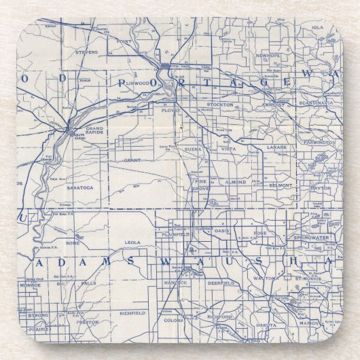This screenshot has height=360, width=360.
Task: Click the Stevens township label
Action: [87, 51]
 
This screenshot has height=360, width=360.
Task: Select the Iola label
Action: [317, 27]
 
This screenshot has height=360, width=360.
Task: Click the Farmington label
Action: [319, 143]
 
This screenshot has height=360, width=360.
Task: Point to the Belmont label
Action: [281, 185]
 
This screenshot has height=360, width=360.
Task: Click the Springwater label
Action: [312, 238]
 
